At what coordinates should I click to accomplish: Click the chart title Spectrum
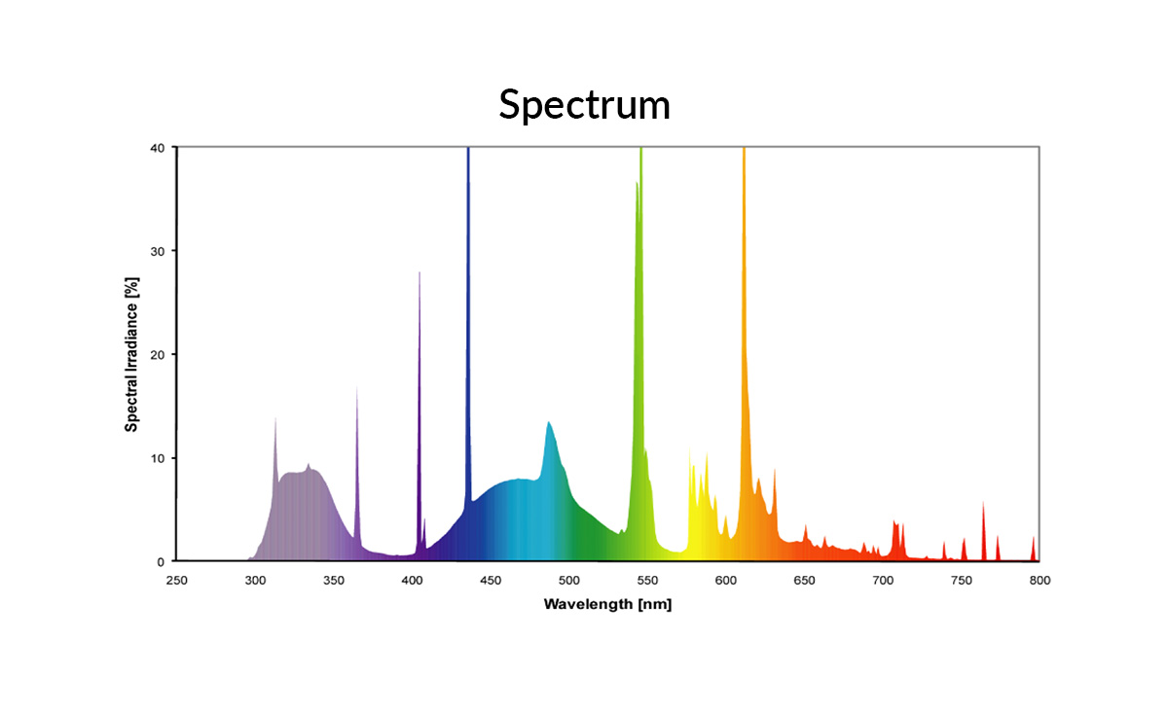(x=584, y=104)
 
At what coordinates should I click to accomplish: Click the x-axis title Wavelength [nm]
(x=607, y=605)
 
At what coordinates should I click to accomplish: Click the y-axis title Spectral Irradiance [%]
(x=131, y=354)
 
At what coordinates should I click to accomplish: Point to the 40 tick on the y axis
(x=157, y=148)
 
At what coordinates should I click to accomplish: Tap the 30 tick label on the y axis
(x=157, y=251)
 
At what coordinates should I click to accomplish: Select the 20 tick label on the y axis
(x=157, y=354)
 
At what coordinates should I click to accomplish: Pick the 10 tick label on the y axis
(x=157, y=458)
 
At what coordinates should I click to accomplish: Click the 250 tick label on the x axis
(x=176, y=581)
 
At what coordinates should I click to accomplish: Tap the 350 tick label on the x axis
(x=333, y=581)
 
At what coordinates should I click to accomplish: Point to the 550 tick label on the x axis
(x=647, y=581)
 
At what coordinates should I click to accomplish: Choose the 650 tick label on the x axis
(x=804, y=581)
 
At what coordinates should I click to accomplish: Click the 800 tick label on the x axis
(x=1040, y=581)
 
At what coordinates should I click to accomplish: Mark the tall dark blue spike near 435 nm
(x=468, y=292)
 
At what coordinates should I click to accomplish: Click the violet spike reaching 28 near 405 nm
(x=420, y=389)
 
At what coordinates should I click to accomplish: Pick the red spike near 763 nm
(x=983, y=530)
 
